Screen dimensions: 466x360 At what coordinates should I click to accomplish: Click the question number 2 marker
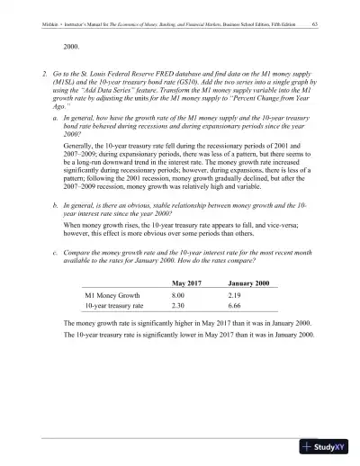tap(45, 69)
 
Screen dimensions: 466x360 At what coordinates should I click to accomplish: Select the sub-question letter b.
tap(57, 205)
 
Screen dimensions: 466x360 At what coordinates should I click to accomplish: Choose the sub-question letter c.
tap(57, 253)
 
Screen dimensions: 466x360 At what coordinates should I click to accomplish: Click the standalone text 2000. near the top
tap(74, 43)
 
